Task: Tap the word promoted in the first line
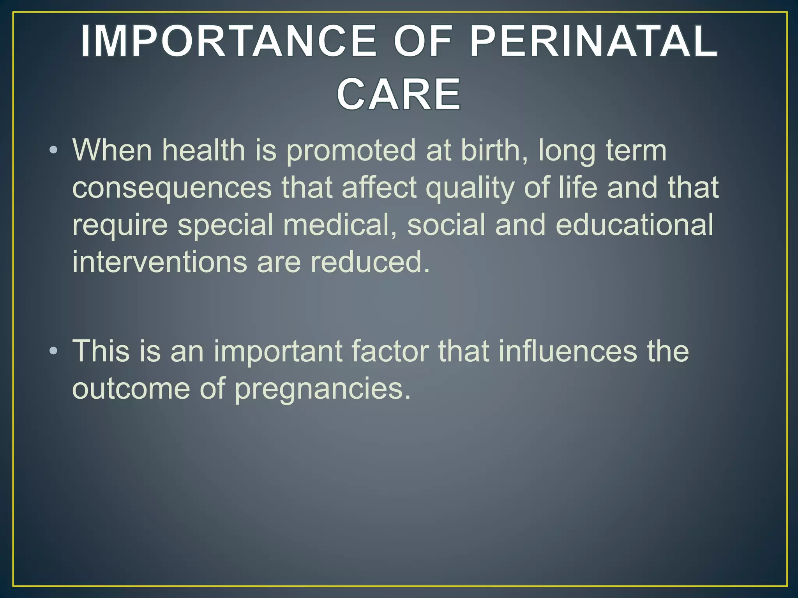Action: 351,151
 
